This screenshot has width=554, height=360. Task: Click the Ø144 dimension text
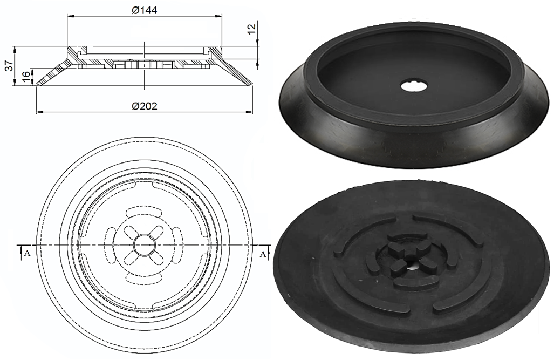tap(144, 10)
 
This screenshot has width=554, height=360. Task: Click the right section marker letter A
tap(263, 254)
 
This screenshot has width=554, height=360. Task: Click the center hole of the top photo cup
tap(414, 85)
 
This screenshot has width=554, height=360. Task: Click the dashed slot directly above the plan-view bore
tap(144, 211)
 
